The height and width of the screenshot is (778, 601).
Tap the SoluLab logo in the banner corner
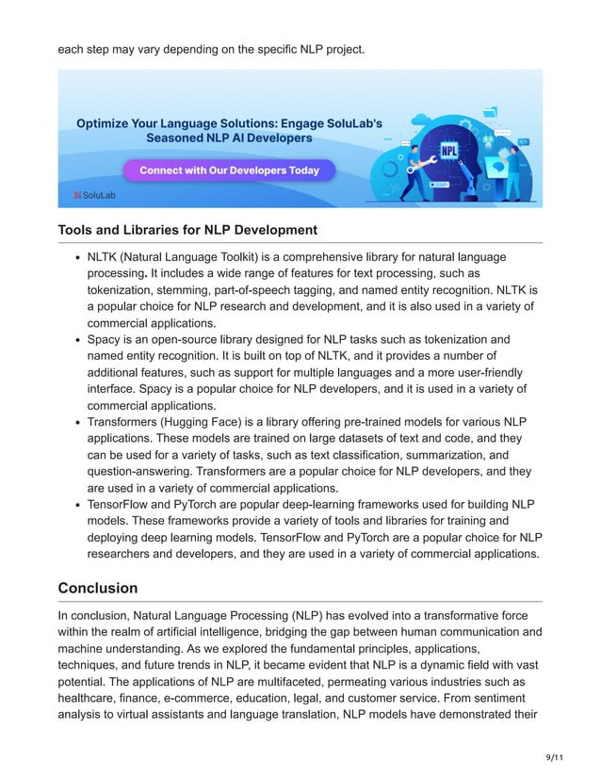pos(91,195)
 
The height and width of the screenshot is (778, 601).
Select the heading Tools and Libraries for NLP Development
pos(187,230)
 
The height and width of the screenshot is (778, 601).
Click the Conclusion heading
pos(98,588)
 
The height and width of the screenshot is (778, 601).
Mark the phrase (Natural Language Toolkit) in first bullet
pos(203,257)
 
